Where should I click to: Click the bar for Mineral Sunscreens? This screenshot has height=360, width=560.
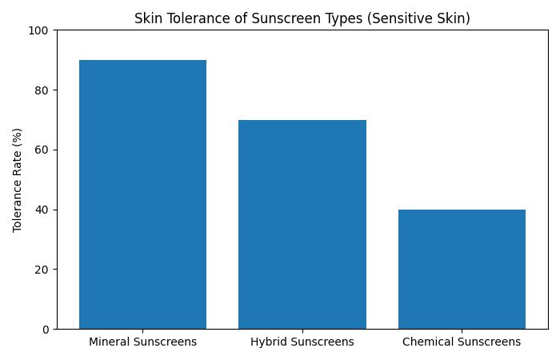tap(142, 194)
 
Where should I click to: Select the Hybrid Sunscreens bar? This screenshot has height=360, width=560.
tap(302, 224)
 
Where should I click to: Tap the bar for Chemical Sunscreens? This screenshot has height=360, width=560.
tap(462, 269)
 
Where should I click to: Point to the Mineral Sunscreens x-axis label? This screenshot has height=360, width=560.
tap(142, 342)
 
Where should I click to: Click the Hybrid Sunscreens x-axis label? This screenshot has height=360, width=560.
tap(302, 342)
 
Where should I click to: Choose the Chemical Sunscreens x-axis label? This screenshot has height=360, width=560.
tap(462, 342)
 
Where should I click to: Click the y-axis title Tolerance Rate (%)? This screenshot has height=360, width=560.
tap(17, 179)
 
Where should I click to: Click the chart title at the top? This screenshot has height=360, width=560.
tap(302, 18)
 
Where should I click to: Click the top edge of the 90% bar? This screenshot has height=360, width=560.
tap(142, 60)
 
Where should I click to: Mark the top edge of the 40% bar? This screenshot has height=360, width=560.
tap(462, 210)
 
